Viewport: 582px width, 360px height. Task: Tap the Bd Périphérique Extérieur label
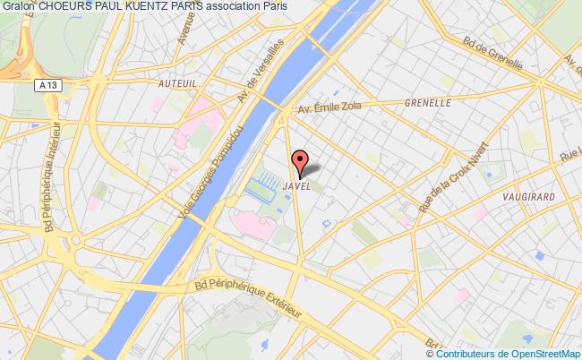[x=247, y=296]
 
